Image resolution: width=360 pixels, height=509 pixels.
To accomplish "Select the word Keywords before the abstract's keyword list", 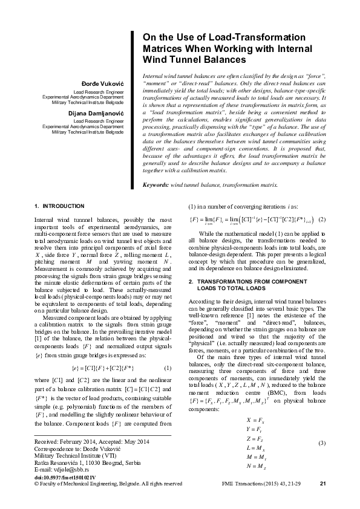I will pos(155,184).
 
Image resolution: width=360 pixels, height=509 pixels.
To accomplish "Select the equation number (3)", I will pos(322,444).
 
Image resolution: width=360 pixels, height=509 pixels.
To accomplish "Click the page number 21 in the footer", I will pos(322,501).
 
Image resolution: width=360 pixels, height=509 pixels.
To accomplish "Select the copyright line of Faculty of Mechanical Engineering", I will pos(108,501).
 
